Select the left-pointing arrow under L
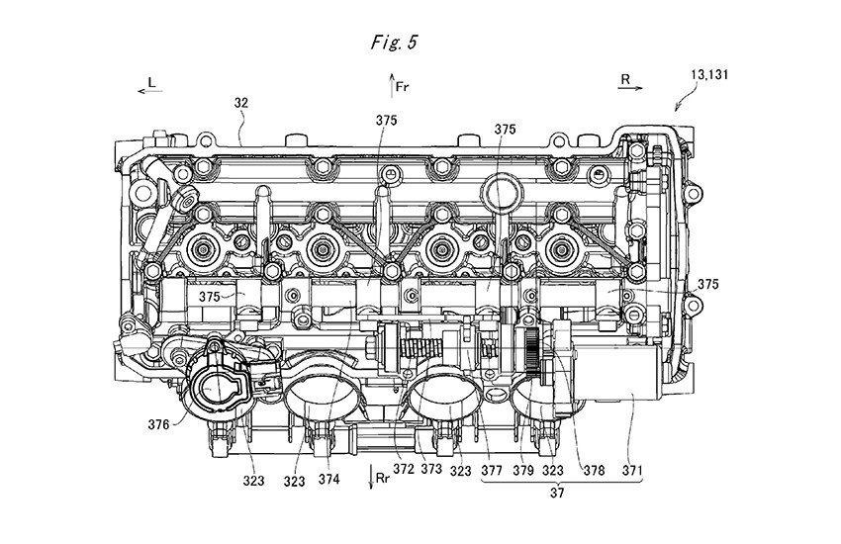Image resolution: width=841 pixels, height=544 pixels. coord(151,90)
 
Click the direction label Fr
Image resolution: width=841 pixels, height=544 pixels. coord(403,87)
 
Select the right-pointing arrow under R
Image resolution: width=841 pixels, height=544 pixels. coord(626,89)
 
